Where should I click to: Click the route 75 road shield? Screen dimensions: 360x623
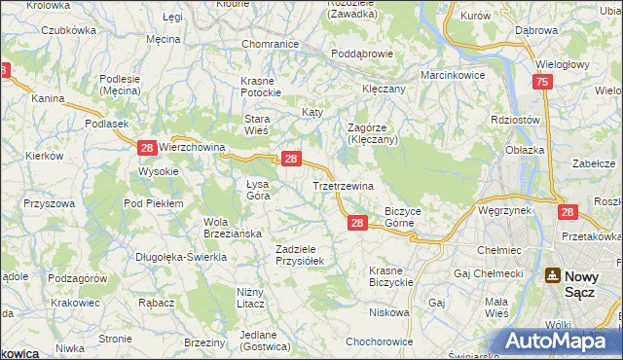coord(542,84)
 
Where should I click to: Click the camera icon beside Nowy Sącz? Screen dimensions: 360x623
coord(553,276)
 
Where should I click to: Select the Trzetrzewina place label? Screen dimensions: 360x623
coord(343,185)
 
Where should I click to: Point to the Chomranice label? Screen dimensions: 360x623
coord(270,45)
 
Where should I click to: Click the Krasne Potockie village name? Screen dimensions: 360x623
coord(262,86)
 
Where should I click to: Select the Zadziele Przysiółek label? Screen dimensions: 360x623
coord(305,255)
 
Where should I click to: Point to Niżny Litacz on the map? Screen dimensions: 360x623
coord(258,298)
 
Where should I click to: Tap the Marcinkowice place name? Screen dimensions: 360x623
coord(452,75)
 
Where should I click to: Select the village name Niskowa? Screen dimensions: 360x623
coord(388,312)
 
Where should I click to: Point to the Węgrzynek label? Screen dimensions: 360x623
coord(502,209)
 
